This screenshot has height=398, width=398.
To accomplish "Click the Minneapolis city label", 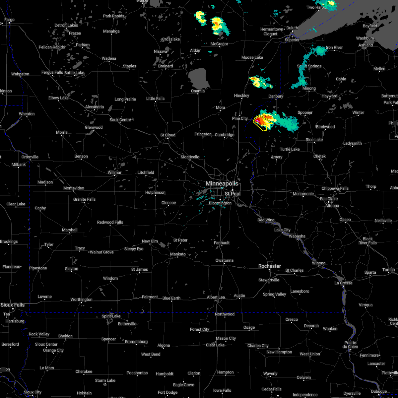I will tap(222, 183).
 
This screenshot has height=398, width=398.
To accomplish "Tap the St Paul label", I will tap(232, 193).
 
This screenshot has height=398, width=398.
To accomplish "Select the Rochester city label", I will tap(270, 266).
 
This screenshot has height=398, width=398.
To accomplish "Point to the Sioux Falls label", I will tap(12, 305).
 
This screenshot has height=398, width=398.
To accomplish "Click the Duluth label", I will tap(292, 28).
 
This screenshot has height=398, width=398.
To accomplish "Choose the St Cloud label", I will tap(168, 135).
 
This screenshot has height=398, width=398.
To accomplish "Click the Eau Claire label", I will tap(329, 199).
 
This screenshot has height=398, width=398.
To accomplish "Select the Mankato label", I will tap(178, 254).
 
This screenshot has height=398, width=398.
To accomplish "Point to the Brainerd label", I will tap(166, 66).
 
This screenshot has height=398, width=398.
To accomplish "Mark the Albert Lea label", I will tap(216, 297).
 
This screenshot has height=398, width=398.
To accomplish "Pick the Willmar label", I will tap(114, 172).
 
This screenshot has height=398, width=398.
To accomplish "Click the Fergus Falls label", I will tap(52, 72).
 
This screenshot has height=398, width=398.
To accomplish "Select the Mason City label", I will tap(226, 338).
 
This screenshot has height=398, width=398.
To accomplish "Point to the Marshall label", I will tap(70, 230).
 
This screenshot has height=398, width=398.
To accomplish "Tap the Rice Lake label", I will tap(314, 140).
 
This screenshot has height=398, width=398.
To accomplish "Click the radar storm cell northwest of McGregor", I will tap(200, 17).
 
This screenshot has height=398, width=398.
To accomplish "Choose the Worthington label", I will tap(82, 299).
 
